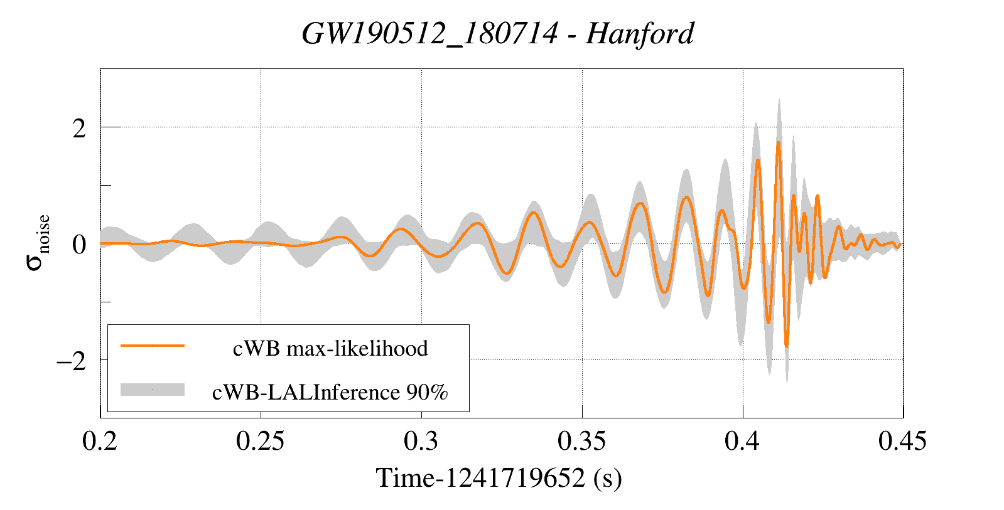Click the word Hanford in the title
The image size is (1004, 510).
[640, 33]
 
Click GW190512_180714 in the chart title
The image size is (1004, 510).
[429, 33]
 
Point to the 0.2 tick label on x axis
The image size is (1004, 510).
[100, 441]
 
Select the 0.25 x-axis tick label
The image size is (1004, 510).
[260, 441]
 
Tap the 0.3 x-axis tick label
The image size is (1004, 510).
[421, 441]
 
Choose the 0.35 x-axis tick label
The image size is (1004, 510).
[581, 441]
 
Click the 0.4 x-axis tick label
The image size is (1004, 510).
[742, 441]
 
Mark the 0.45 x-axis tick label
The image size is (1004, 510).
[902, 441]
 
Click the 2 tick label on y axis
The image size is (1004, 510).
[79, 129]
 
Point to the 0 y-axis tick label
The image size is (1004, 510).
[79, 244]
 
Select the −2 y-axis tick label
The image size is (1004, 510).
[71, 361]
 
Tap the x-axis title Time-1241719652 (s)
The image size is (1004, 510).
[499, 478]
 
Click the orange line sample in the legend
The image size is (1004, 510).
[153, 346]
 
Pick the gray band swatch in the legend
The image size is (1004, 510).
[153, 390]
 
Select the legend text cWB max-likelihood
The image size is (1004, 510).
[330, 348]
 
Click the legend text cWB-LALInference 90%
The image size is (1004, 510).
[330, 392]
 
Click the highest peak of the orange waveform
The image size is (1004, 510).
[778, 143]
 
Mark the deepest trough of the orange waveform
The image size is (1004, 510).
[786, 346]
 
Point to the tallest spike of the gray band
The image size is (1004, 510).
[779, 99]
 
